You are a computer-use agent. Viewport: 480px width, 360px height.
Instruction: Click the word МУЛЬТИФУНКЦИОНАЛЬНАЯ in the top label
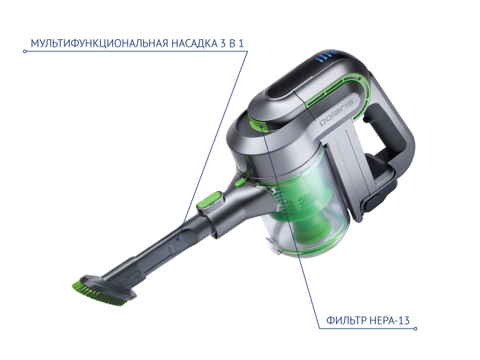coord(99,43)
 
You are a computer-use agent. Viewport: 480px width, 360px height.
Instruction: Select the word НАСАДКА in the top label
coord(194,43)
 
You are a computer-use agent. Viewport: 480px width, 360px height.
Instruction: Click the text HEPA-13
coord(389,320)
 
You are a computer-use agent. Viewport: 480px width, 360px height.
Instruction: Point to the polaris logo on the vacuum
coord(337,112)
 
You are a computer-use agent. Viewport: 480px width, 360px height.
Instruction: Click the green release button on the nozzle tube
coord(209,200)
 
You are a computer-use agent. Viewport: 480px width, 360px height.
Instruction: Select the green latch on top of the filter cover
coord(258,125)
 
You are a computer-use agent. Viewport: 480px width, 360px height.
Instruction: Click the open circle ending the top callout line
coord(25,51)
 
